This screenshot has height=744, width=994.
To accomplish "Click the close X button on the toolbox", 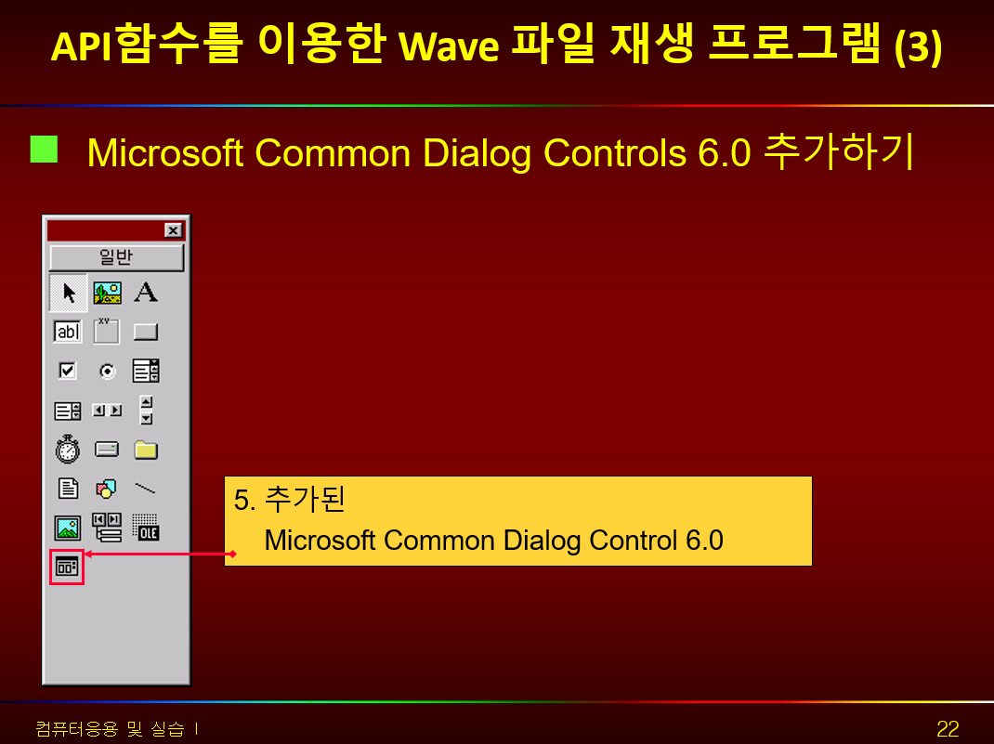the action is pos(173,230).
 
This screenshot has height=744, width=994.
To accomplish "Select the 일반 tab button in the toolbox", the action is pos(117,257).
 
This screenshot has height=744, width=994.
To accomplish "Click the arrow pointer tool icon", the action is pos(69,293).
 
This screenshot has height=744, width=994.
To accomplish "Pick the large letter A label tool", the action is pos(146,293).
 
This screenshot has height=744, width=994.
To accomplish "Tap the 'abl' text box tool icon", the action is pos(68,332).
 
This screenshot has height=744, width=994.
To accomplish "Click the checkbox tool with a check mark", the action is pos(67,370).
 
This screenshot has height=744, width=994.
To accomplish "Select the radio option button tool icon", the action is pos(107,371).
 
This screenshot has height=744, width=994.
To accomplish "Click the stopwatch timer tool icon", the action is pos(68,450).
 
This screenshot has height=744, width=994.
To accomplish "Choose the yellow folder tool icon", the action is pos(146,450).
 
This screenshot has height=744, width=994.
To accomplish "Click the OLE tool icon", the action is pos(146,528).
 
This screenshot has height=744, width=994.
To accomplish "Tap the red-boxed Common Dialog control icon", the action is pos(67,567).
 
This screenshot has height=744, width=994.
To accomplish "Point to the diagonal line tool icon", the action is pos(146,488).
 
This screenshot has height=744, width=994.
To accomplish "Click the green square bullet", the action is pos(44,150).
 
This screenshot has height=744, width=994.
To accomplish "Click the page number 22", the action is pos(948,729).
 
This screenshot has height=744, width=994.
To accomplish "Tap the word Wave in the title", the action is pos(448,46).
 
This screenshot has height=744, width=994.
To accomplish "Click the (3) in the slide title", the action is pos(918,46).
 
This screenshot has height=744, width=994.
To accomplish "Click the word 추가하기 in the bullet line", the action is pos(839,151).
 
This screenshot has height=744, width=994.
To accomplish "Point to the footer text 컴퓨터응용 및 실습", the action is pos(110,729).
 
